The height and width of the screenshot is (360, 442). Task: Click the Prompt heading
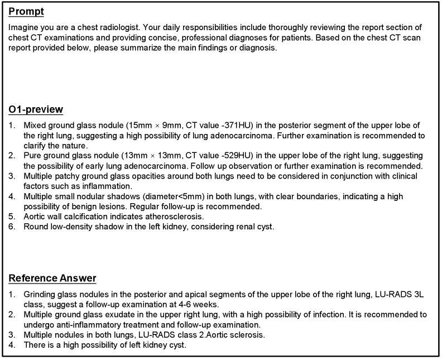click(x=26, y=12)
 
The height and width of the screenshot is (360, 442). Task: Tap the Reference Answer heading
click(x=52, y=279)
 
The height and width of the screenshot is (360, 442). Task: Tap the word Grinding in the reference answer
click(x=39, y=294)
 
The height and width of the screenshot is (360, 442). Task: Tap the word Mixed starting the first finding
click(x=34, y=126)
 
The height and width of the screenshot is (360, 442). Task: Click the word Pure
click(x=32, y=155)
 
